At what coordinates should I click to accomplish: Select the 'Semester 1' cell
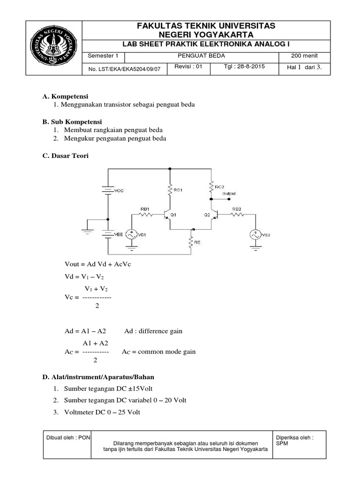101,56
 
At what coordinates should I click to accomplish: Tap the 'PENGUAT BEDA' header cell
202,56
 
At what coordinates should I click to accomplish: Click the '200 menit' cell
305,56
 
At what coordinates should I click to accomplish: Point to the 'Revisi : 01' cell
188,67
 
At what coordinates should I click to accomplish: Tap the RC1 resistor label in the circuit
178,190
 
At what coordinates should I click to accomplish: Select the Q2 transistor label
207,215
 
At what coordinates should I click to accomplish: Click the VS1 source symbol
130,234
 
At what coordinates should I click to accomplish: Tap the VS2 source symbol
256,234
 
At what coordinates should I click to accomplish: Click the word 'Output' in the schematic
229,194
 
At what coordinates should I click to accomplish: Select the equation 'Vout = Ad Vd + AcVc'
98,264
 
